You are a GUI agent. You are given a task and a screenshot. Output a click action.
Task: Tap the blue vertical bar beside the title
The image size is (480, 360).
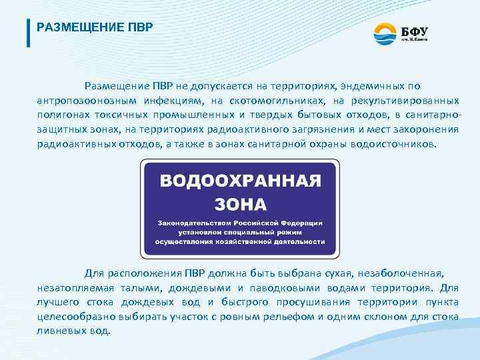(x=28, y=32)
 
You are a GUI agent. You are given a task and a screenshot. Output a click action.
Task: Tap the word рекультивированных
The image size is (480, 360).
(x=405, y=101)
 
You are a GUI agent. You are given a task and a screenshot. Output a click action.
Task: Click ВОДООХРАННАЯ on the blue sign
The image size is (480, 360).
(x=240, y=181)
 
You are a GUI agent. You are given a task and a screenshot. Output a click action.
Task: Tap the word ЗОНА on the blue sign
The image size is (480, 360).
(x=240, y=203)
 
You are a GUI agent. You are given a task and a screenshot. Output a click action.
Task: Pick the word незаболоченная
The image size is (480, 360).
(x=405, y=273)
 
